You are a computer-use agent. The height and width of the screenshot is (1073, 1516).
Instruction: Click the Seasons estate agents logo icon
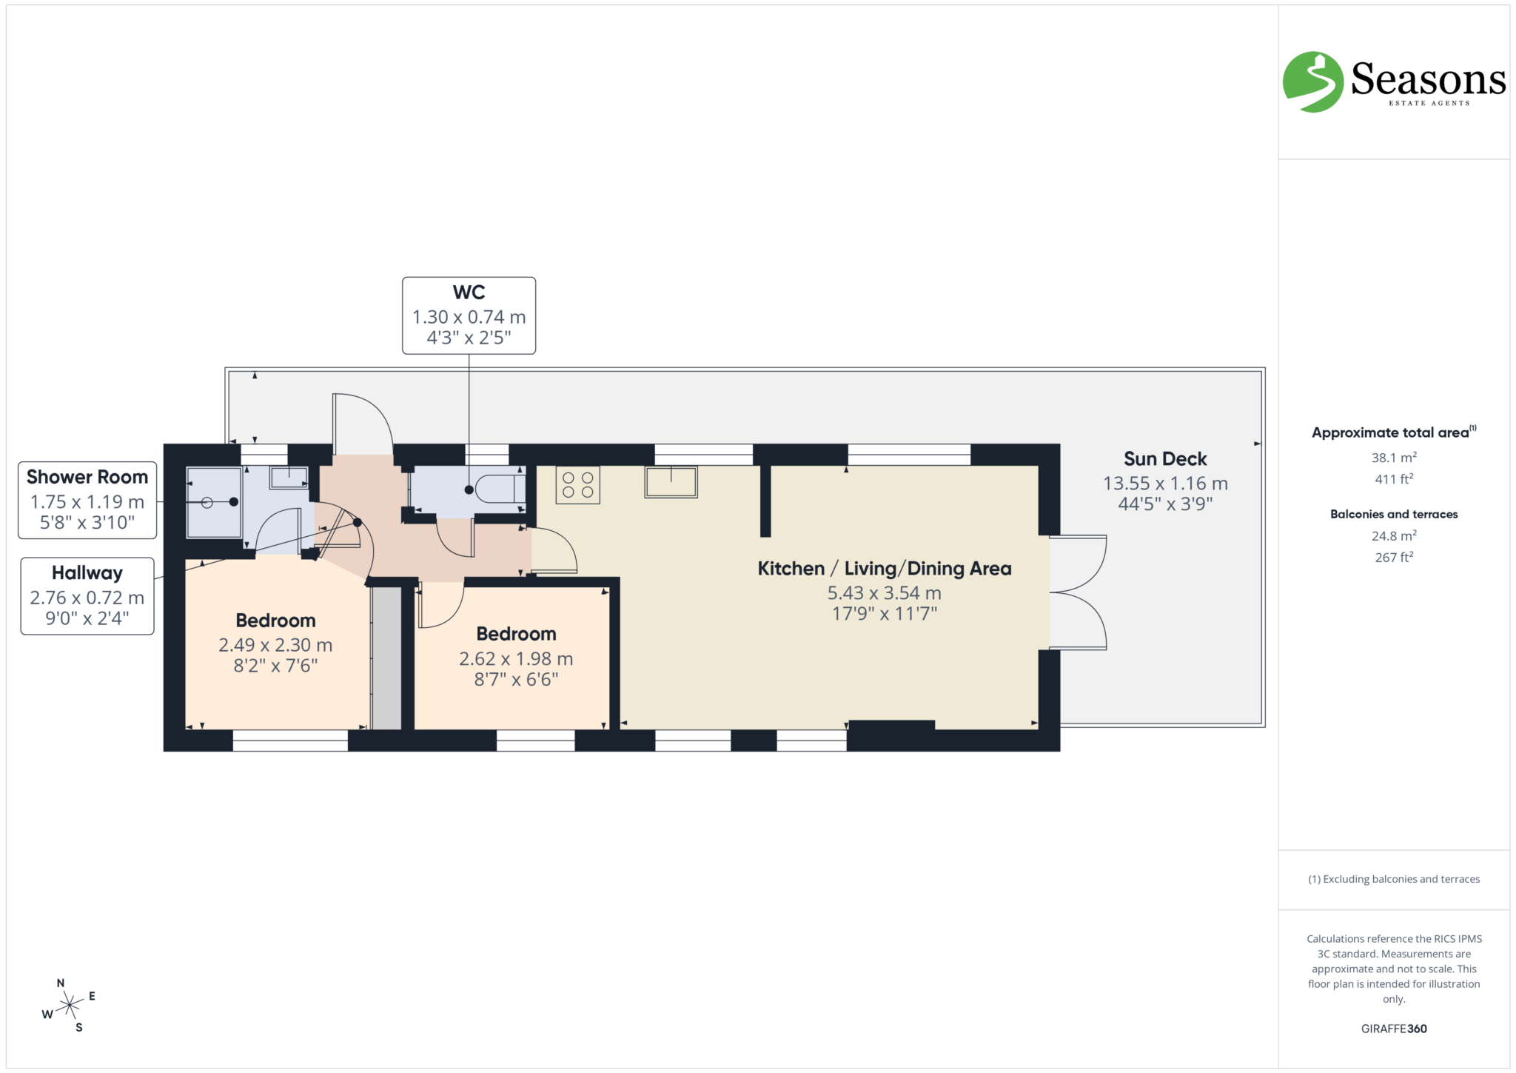1312,82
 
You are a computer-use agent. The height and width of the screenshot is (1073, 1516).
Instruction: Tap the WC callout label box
469,315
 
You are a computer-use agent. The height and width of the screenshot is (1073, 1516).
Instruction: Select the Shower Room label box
87,500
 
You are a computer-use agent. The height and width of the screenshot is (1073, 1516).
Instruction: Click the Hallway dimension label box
87,596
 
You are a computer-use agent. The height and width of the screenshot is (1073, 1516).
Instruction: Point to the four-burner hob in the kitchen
577,485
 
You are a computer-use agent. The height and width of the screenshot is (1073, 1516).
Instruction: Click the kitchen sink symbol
671,482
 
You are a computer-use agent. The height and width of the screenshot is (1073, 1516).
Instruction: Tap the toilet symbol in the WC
500,489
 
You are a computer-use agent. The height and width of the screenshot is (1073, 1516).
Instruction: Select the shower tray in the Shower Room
213,502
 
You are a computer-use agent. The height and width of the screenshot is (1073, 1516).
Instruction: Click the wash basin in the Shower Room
289,478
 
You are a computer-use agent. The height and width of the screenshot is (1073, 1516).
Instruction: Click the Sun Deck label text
1164,459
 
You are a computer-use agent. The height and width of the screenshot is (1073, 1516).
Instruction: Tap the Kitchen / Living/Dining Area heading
884,569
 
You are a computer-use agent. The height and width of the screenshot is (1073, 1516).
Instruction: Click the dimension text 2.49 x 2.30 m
275,645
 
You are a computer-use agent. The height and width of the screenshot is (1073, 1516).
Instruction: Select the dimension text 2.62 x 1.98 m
516,658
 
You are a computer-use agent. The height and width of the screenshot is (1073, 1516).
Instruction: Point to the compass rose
70,1005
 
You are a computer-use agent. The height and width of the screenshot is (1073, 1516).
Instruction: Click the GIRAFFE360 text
1393,1029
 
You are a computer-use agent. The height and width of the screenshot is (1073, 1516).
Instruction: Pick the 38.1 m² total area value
1393,458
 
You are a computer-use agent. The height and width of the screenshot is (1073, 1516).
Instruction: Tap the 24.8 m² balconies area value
1393,535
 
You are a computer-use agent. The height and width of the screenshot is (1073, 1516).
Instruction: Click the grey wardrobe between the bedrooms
386,658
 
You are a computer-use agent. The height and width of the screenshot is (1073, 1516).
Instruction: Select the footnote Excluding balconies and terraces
1393,879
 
